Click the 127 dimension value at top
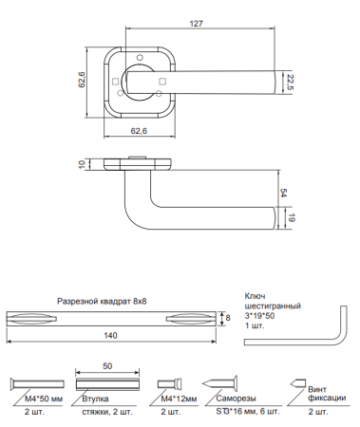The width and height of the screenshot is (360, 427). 196,24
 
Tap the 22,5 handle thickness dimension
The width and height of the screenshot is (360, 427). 290,83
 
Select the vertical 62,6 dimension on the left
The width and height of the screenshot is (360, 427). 82,80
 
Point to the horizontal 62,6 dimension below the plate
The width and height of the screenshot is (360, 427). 139,131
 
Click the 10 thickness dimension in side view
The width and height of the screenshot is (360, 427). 82,164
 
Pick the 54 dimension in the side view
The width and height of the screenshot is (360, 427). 283,193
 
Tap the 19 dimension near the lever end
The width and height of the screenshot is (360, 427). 292,217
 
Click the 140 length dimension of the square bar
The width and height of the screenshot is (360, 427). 110,335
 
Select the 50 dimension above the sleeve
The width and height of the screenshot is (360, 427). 107,366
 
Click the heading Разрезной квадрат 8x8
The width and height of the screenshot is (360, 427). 102,301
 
